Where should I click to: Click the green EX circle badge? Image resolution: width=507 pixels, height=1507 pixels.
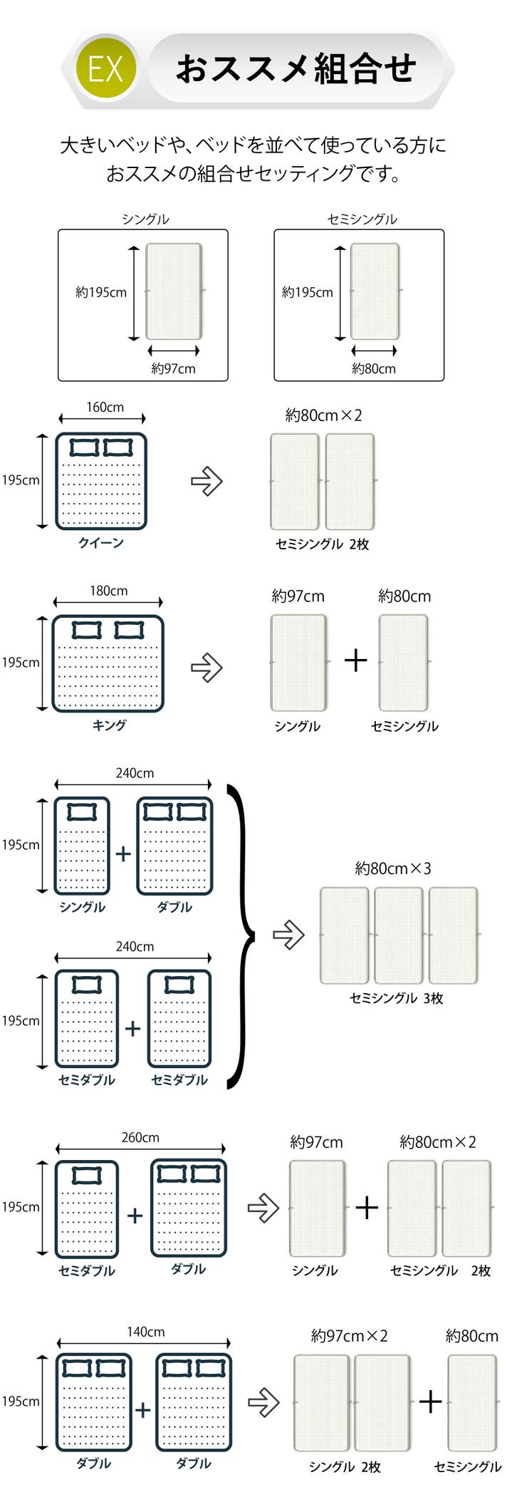pos(107,69)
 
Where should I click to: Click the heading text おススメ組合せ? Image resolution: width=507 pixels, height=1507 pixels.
pos(295,69)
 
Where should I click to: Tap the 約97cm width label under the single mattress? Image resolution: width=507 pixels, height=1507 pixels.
pos(173,368)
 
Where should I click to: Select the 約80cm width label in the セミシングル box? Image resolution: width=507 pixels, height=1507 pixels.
pos(374,368)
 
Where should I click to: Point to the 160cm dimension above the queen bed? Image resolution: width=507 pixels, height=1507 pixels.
pos(105,407)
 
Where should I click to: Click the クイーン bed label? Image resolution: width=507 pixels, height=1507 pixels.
pos(100,543)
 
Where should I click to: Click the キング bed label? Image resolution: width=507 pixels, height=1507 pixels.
pos(109,725)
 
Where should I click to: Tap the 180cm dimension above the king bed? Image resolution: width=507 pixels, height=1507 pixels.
pos(108,591)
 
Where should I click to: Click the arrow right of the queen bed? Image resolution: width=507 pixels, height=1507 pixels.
pos(207,481)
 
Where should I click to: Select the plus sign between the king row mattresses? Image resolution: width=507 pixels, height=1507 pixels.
pos(355,661)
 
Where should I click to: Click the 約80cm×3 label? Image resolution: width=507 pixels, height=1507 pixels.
pos(393,869)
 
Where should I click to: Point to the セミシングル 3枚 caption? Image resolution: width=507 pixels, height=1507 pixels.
pos(396,998)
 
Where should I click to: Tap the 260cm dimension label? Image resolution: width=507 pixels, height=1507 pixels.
pos(140,1137)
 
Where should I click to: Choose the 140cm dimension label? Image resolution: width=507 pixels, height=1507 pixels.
pos(145,1332)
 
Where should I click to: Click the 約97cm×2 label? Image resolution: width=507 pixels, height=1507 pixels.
pos(349,1336)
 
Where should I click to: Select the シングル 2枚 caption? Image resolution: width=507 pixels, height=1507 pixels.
pos(345,1467)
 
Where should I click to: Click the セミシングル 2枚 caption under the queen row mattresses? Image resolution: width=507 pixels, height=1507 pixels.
pos(322,544)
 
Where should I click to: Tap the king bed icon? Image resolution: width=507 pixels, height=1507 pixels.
pos(108,663)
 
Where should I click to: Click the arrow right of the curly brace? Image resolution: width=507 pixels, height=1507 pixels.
pos(288,935)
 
